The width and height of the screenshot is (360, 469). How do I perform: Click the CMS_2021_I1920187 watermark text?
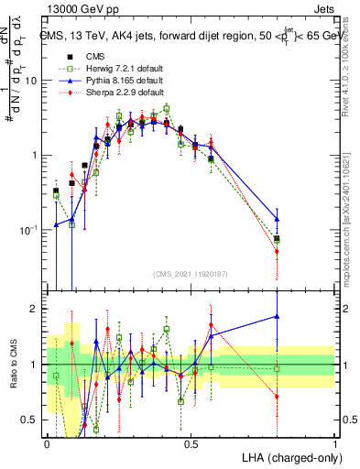pos(191,273)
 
